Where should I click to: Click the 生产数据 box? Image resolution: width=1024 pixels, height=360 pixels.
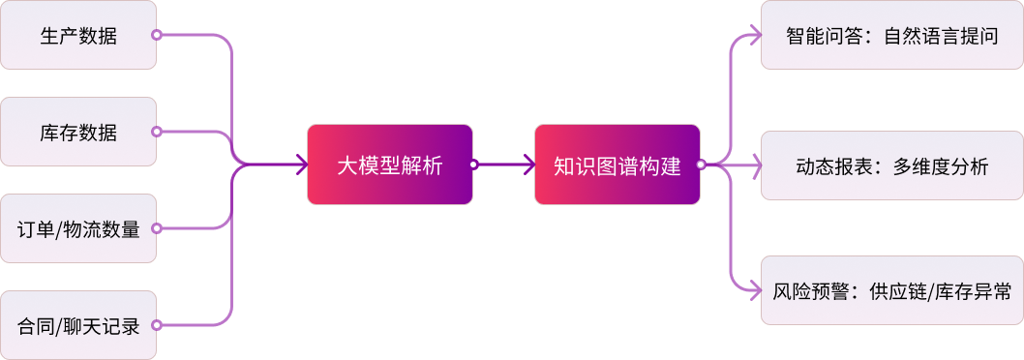(x=77, y=36)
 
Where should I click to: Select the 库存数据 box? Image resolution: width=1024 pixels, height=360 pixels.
(x=77, y=132)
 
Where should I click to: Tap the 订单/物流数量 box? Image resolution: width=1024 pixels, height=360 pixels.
(x=77, y=228)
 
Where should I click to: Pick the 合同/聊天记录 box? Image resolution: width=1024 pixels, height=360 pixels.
(x=77, y=325)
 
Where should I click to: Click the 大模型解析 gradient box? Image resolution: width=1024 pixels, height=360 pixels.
(x=389, y=165)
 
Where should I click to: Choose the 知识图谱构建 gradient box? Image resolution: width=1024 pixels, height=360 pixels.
(x=617, y=165)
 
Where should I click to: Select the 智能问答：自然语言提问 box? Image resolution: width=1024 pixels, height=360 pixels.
(x=891, y=36)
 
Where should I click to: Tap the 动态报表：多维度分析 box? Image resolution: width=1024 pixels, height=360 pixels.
(x=891, y=165)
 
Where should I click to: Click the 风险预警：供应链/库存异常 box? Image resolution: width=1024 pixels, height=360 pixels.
(x=891, y=290)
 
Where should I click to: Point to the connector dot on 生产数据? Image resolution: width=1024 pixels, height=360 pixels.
(x=156, y=36)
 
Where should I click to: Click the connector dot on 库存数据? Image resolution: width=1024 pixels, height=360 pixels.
(x=156, y=132)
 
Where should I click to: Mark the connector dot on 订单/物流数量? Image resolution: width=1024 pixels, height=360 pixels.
(x=156, y=228)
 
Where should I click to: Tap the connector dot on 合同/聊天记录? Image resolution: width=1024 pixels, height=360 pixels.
(x=156, y=325)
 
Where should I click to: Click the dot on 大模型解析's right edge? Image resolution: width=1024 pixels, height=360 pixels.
(x=473, y=165)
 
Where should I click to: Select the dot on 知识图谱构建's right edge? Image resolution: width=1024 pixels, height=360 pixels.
(x=701, y=165)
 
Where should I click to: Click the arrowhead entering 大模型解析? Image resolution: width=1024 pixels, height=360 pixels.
(x=301, y=165)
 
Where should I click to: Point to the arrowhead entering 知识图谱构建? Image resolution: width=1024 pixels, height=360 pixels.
(x=528, y=165)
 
